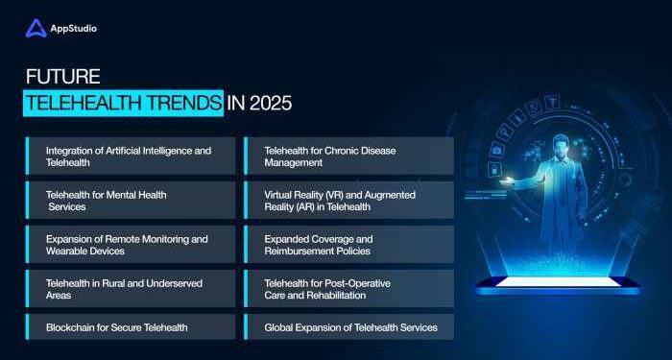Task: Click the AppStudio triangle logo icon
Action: pos(36,29)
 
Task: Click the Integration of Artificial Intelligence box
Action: pos(130,156)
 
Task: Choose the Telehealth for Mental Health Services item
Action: pos(130,200)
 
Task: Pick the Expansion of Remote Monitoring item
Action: pos(130,244)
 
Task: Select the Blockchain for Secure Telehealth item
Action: pos(130,327)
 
